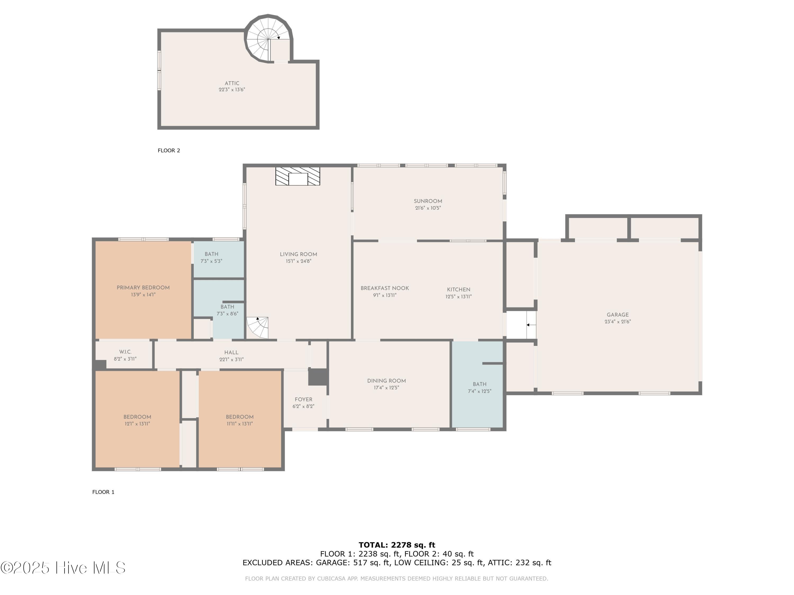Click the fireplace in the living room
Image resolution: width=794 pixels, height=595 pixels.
pos(297,176)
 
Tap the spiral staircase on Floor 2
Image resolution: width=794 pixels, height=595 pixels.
pos(268,39)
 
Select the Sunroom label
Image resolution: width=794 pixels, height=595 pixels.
pos(428,201)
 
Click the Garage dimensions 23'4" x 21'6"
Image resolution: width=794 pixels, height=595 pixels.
pos(618,322)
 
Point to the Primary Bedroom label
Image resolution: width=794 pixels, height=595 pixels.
pos(143,288)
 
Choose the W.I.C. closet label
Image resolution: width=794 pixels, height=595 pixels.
pos(125,352)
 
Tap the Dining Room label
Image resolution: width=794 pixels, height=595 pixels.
pos(387,381)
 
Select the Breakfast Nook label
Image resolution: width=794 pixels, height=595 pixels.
pos(385,288)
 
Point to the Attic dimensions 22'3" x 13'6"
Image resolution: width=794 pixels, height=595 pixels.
pos(232,90)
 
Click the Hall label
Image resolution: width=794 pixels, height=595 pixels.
pos(232,353)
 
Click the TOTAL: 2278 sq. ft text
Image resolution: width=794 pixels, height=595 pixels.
pos(397,545)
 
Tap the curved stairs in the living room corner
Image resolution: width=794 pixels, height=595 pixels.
pos(257,327)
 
